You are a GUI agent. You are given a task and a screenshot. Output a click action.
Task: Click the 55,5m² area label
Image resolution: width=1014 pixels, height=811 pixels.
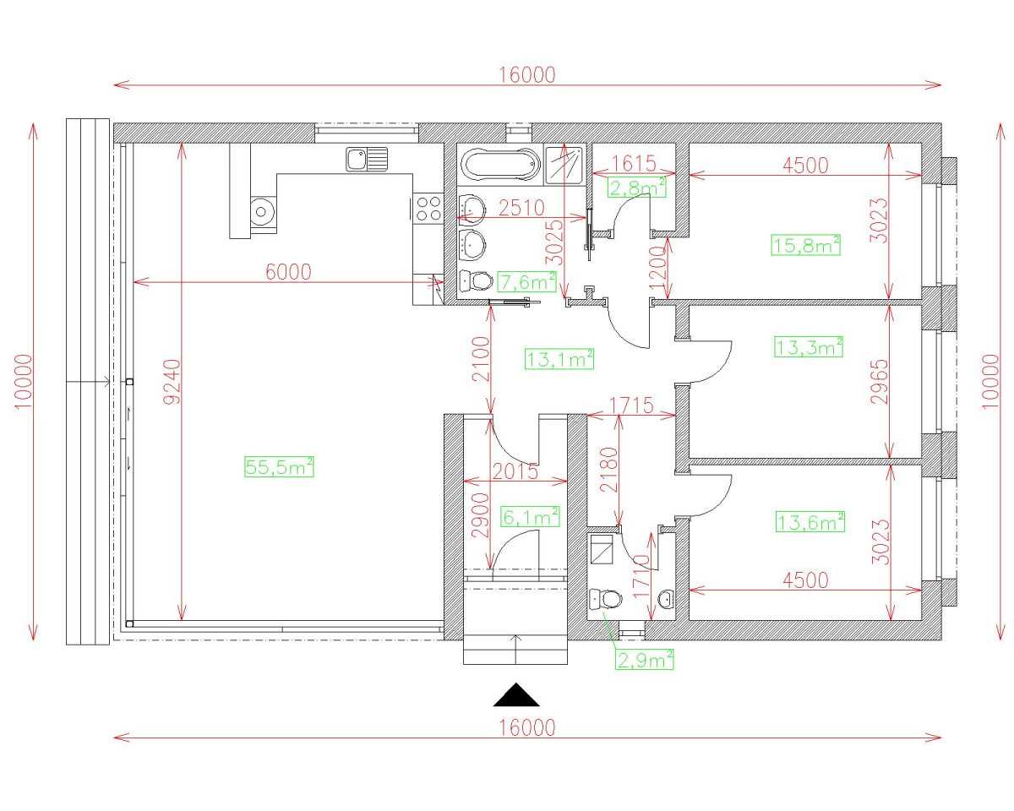point(279,466)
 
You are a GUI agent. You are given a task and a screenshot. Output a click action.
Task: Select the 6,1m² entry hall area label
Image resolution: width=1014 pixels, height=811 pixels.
point(530,516)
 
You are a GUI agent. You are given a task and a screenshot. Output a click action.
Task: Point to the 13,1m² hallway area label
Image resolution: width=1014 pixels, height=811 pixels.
point(560,359)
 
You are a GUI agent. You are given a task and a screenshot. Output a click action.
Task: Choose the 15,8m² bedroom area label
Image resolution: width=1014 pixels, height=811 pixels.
point(806,245)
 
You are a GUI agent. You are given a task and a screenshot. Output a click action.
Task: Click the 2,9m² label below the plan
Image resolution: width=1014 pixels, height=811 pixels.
point(645,660)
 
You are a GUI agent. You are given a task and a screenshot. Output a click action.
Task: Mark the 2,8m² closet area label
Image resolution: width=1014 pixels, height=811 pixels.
point(637,187)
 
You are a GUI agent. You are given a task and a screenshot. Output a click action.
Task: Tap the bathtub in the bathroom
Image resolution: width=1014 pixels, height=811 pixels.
point(499,164)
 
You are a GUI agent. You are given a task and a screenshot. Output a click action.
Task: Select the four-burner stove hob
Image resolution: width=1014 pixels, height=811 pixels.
point(428,208)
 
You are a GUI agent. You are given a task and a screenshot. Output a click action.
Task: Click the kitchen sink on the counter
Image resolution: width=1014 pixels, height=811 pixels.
point(366,158)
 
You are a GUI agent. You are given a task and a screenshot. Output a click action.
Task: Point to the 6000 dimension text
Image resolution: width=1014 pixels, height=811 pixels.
point(289,271)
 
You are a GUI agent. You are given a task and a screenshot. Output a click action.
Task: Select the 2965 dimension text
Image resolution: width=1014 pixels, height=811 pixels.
point(879,382)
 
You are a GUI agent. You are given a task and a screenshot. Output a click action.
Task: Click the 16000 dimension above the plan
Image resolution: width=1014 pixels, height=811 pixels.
point(526,74)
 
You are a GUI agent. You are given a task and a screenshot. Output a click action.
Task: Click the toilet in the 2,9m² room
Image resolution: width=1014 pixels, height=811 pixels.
point(605,599)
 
